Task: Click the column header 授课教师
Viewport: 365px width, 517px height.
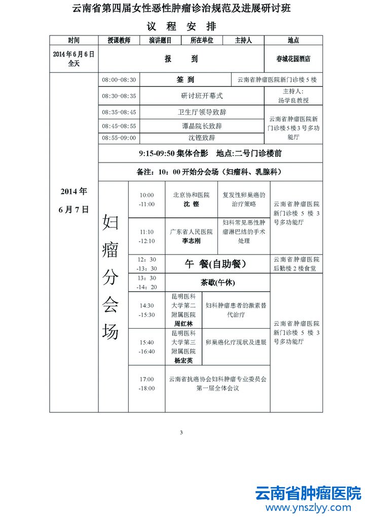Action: click(119, 40)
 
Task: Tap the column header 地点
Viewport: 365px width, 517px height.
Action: click(293, 40)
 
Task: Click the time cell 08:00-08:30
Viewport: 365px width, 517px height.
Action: click(119, 80)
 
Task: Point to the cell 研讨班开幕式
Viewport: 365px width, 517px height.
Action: click(202, 95)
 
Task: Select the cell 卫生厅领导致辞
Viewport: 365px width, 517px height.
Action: click(202, 112)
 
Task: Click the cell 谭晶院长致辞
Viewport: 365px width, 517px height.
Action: click(202, 125)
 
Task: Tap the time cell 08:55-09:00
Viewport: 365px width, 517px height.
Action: click(119, 138)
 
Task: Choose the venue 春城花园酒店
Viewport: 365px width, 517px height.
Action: click(293, 59)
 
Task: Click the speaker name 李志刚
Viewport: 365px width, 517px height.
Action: click(191, 241)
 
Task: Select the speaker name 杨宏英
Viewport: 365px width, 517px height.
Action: click(184, 360)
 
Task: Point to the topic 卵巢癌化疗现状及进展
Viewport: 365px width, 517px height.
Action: click(236, 343)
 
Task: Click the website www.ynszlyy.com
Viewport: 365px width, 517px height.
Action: click(308, 507)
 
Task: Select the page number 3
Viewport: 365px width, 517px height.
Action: click(181, 433)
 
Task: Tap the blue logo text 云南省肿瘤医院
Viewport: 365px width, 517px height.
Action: click(308, 493)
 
